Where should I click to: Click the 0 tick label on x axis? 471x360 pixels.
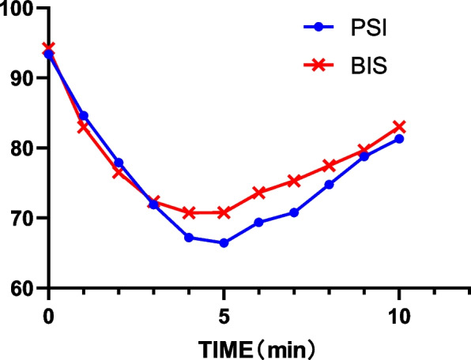click(x=48, y=310)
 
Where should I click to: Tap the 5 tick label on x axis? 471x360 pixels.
click(x=224, y=310)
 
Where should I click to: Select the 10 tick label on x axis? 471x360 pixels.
click(x=399, y=310)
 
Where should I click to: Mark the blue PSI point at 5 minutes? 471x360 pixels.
click(x=224, y=243)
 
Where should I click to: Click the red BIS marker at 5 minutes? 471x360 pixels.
click(x=224, y=212)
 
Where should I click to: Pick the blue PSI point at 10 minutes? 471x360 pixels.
click(x=399, y=139)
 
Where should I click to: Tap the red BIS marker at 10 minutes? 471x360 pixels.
click(x=399, y=127)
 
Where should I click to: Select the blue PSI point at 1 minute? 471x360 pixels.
click(x=84, y=116)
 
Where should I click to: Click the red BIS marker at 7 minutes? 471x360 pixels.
click(x=294, y=181)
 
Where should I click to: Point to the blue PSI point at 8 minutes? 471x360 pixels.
click(x=329, y=185)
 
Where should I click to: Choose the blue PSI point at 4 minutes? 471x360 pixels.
click(x=189, y=238)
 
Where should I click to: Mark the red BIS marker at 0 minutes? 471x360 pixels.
click(x=49, y=48)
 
